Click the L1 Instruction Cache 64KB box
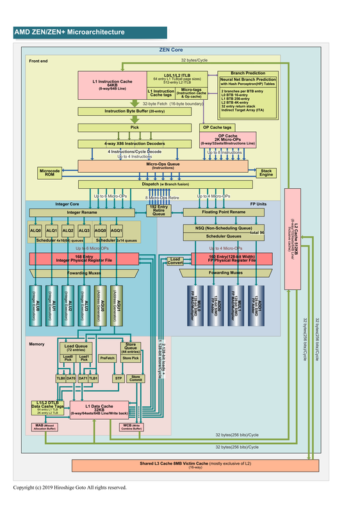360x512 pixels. click(x=112, y=85)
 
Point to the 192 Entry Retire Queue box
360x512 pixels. click(x=158, y=211)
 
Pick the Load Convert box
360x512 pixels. click(x=175, y=261)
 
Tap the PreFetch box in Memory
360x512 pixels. click(x=108, y=358)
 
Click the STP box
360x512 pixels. click(x=119, y=378)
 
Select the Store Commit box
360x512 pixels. click(x=136, y=378)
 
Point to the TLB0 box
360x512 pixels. click(x=61, y=378)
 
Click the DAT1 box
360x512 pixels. click(x=83, y=378)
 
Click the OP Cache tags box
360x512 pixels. click(x=218, y=127)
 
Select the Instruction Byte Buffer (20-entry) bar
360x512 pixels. click(x=135, y=111)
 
